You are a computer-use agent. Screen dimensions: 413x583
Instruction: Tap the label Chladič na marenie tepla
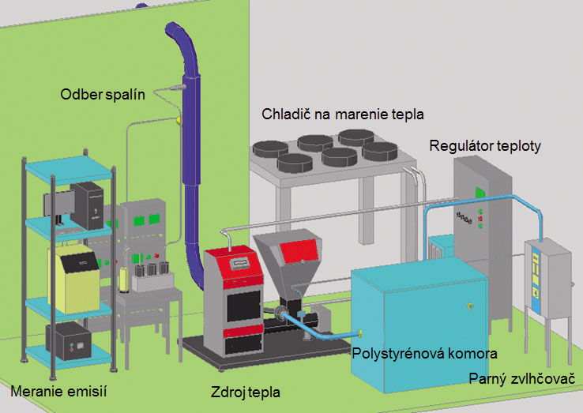343,115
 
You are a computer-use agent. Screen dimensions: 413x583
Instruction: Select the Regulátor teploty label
485,147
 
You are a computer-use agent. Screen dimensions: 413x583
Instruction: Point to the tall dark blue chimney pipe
189,158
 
